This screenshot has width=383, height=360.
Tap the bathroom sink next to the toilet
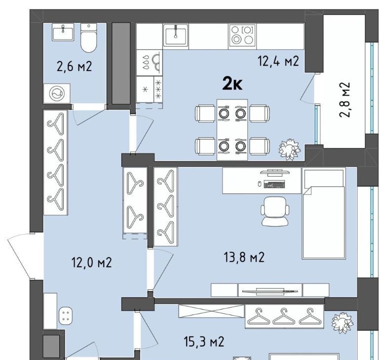[x=63, y=33]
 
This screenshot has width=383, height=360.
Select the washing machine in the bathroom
[x=57, y=94]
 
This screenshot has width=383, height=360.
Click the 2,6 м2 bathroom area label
[x=74, y=66]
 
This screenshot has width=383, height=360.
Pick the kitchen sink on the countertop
[x=176, y=35]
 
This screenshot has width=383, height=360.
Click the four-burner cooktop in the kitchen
[x=242, y=35]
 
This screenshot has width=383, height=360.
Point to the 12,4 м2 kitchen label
[x=278, y=61]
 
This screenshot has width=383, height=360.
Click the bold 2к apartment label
[x=232, y=84]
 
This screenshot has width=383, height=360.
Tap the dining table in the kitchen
[x=232, y=130]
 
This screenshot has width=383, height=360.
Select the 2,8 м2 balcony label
[x=345, y=100]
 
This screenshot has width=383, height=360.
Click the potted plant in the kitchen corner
[x=290, y=149]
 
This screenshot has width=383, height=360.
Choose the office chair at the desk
[x=275, y=211]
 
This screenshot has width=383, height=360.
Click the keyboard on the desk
[x=274, y=184]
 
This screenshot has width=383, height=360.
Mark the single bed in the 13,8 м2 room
[x=324, y=213]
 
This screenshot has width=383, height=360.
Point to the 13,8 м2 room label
[x=244, y=257]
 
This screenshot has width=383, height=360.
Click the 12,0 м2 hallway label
[x=92, y=263]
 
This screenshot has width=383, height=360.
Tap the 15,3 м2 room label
[x=204, y=342]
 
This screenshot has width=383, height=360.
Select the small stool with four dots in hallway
[x=66, y=316]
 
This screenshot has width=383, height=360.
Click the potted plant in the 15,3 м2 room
[x=342, y=324]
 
